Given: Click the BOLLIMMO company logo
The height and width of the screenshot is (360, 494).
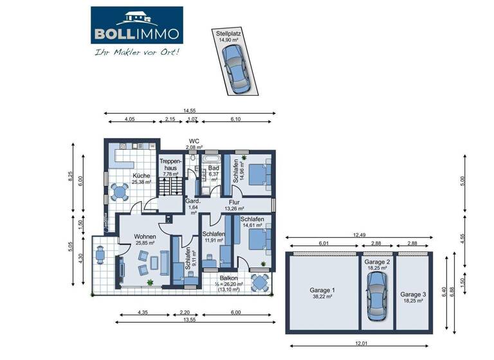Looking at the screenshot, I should [x=136, y=26].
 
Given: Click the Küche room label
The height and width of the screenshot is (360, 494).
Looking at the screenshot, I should [x=142, y=175].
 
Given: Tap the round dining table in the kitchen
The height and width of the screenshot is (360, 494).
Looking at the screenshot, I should [x=118, y=192].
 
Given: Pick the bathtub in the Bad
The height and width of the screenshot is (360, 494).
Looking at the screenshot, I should [x=211, y=158].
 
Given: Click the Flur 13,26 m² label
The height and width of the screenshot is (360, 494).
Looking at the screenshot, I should [x=234, y=205].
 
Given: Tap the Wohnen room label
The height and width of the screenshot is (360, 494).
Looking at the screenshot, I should [x=145, y=237].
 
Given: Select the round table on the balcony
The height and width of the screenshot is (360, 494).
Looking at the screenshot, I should [x=260, y=283].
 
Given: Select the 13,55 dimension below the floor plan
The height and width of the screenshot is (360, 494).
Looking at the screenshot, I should [x=189, y=319].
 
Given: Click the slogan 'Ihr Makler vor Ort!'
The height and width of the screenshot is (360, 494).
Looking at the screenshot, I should [x=137, y=51].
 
